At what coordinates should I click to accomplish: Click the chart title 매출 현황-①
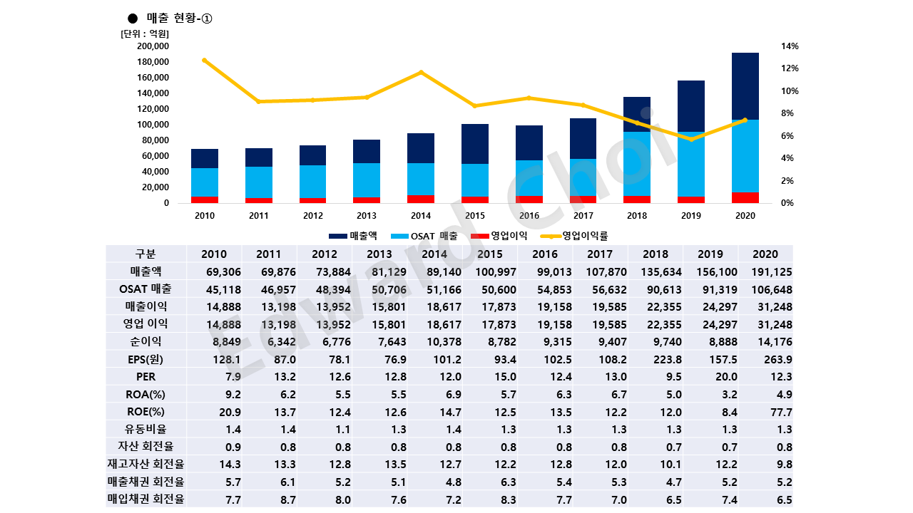point(174,19)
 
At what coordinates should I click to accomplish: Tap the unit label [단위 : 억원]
point(145,33)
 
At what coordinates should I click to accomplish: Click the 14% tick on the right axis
point(790,46)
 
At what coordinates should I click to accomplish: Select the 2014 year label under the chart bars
point(421,215)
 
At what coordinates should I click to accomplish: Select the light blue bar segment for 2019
point(690,164)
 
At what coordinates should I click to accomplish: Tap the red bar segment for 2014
point(421,199)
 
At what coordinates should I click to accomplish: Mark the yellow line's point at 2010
point(205,61)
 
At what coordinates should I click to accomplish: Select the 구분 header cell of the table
point(146,254)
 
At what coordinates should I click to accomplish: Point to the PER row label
point(146,376)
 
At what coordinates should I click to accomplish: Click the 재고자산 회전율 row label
point(146,465)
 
